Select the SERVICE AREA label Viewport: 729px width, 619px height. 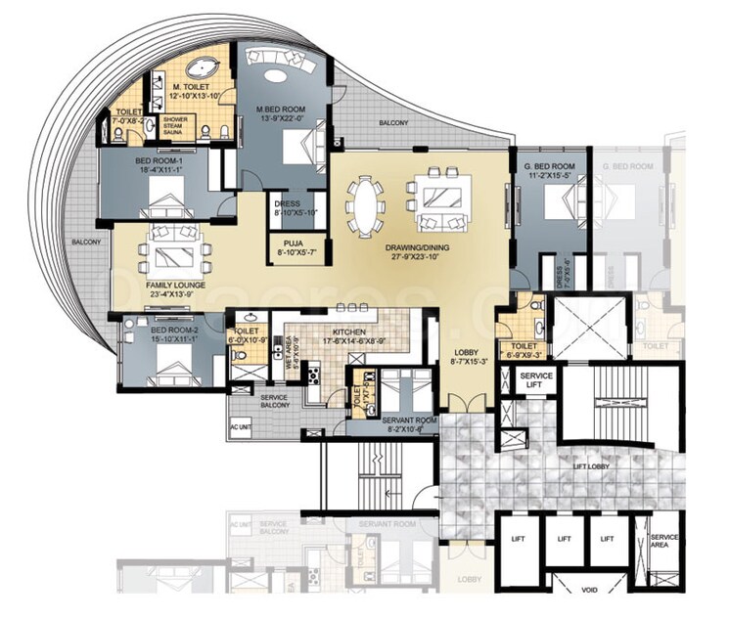pyautogui.click(x=664, y=540)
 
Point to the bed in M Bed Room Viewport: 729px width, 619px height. pyautogui.click(x=297, y=149)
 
